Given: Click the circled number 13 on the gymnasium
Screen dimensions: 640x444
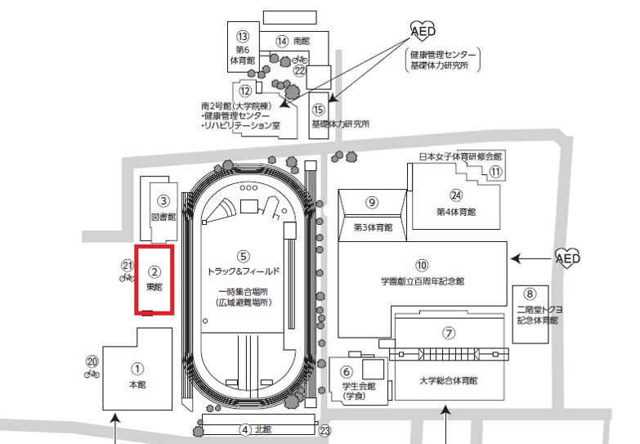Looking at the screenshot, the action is coord(243,36).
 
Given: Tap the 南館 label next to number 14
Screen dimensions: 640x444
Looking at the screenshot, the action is coord(302,41).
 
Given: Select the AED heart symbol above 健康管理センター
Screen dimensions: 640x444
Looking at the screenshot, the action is coord(423,30).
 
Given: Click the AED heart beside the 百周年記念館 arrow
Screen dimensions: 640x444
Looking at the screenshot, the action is coord(567,258).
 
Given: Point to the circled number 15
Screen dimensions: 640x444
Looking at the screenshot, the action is coord(319,110).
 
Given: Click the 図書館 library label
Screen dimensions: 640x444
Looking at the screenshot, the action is coord(163,217).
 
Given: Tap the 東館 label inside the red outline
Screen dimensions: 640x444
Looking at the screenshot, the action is coord(154,287).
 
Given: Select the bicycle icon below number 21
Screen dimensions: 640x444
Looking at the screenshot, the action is coord(127,278).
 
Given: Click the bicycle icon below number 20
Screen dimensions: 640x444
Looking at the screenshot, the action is coord(92,374).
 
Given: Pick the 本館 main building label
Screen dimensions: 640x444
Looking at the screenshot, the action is coord(137,384).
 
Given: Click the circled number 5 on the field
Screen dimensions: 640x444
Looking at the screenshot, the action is coord(243,257).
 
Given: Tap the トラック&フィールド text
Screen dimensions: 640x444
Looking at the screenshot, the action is coord(244,271).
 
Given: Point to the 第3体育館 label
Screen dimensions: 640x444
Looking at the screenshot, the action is coord(373,227).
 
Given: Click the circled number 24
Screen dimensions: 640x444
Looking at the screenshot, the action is coord(456,195).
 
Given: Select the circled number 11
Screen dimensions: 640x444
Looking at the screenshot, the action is coord(495,172).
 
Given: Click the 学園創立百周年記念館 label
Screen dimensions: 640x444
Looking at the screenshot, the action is coord(423,281).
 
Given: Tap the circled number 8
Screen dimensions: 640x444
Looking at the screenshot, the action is coord(530,294).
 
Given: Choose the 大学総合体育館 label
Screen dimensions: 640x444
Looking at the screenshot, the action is coord(448,381).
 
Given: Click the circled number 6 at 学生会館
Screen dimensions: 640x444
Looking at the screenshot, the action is coord(347,372).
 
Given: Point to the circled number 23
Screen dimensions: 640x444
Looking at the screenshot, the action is coord(324,431).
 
